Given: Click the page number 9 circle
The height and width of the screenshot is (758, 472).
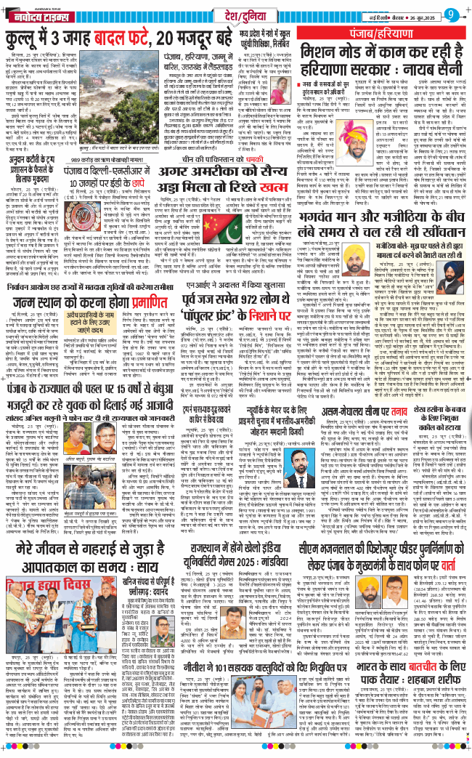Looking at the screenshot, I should tap(452, 15).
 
